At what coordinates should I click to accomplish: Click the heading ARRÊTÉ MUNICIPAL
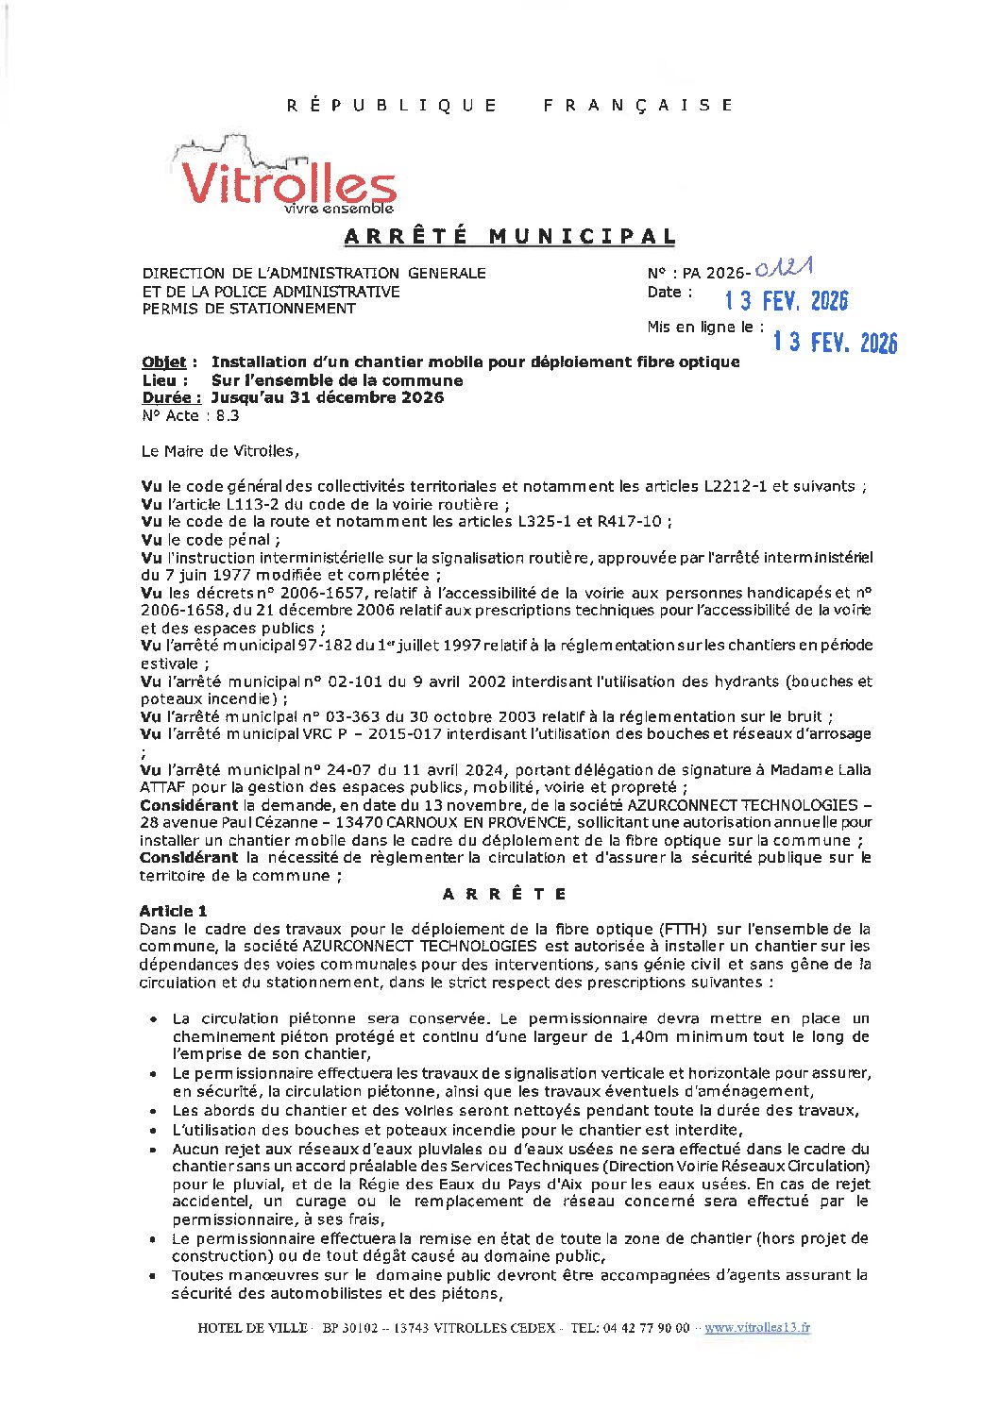(510, 236)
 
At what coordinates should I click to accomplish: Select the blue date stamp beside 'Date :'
(786, 300)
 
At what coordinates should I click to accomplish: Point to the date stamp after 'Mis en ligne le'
(835, 342)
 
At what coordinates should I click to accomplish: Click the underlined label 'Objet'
(163, 362)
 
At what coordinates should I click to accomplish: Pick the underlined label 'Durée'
(165, 397)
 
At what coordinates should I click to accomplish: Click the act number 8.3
(228, 415)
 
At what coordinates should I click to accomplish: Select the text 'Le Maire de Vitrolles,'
(220, 451)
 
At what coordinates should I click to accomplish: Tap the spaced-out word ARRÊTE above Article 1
(505, 894)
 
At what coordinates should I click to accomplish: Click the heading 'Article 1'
(173, 911)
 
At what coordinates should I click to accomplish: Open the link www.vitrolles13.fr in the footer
(756, 1327)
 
